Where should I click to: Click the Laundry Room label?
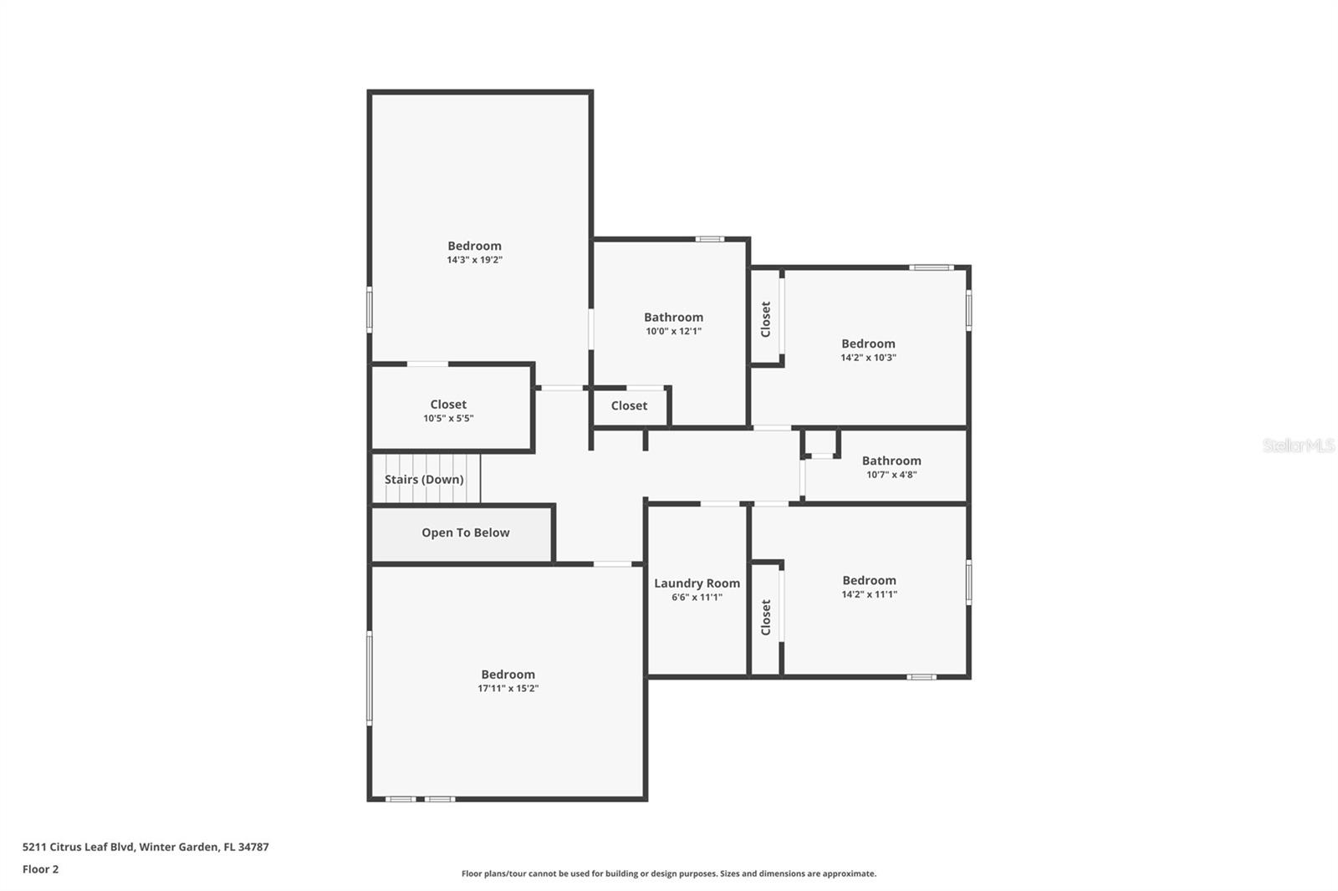(x=697, y=583)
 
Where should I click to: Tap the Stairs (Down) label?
(x=424, y=479)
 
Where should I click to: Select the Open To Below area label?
(x=465, y=532)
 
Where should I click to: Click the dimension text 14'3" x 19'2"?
(x=474, y=260)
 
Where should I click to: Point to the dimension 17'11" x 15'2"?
(x=508, y=689)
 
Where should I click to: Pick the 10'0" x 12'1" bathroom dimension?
(x=673, y=331)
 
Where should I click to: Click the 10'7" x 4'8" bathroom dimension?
(x=891, y=475)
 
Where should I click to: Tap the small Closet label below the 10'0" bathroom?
(x=629, y=405)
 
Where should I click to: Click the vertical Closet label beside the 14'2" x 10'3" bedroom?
(x=765, y=319)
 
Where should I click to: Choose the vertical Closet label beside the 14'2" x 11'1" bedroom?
(x=765, y=617)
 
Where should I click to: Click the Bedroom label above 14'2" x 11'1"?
(x=869, y=580)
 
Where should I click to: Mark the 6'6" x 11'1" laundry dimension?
(x=697, y=598)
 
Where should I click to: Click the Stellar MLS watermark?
(x=1298, y=445)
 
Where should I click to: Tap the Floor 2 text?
(x=40, y=869)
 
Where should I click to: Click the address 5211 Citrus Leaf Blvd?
(x=146, y=847)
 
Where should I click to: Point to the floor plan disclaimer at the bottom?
(x=668, y=873)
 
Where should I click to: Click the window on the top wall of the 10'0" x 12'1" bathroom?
(x=710, y=239)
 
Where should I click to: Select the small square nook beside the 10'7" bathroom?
(x=821, y=443)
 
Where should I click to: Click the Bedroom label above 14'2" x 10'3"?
(x=868, y=344)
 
